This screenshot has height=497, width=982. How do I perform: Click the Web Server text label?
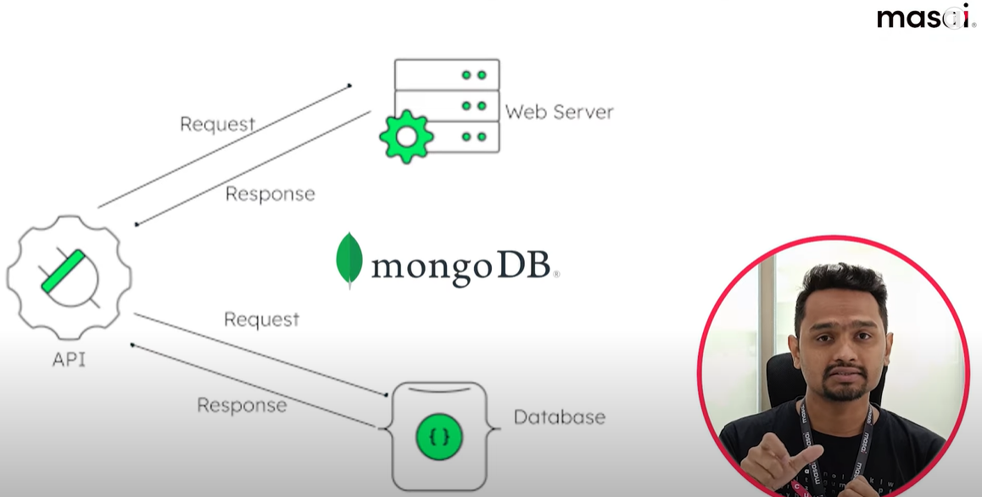(x=559, y=112)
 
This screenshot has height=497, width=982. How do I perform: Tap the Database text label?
(x=560, y=416)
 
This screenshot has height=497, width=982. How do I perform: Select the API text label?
(x=69, y=360)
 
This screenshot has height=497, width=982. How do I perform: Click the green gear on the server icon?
(x=406, y=136)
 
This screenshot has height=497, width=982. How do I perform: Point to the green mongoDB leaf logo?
(x=349, y=260)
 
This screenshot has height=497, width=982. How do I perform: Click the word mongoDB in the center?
(x=465, y=266)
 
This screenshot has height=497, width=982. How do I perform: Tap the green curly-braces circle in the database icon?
(x=438, y=437)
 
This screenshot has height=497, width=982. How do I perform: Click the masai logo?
(x=925, y=17)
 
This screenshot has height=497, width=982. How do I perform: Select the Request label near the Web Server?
(x=217, y=125)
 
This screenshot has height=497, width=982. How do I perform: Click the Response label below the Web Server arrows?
(x=270, y=194)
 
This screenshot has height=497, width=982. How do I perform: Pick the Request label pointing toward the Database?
(x=261, y=320)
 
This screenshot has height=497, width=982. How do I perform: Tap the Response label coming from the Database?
(x=242, y=405)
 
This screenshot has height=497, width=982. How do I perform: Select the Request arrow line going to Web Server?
(x=225, y=145)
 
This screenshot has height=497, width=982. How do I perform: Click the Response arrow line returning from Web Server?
(x=254, y=167)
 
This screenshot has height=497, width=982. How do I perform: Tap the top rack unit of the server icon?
(x=447, y=75)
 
